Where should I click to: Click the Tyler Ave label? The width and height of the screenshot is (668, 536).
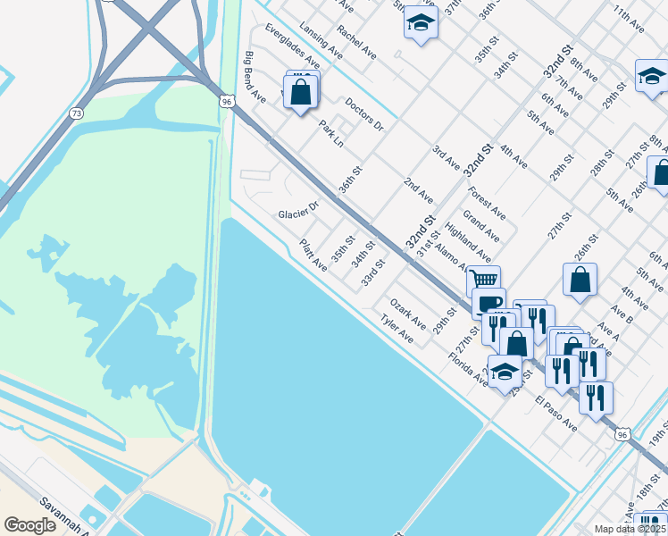397,329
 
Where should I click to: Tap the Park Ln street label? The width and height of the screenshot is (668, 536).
331,135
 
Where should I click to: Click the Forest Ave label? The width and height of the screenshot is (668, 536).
486,203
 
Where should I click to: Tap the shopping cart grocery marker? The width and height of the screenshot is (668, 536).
483,281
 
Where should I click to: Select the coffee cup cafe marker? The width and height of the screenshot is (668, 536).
489,302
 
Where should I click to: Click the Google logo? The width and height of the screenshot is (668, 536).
30,525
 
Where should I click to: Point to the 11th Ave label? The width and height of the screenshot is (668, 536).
630,19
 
